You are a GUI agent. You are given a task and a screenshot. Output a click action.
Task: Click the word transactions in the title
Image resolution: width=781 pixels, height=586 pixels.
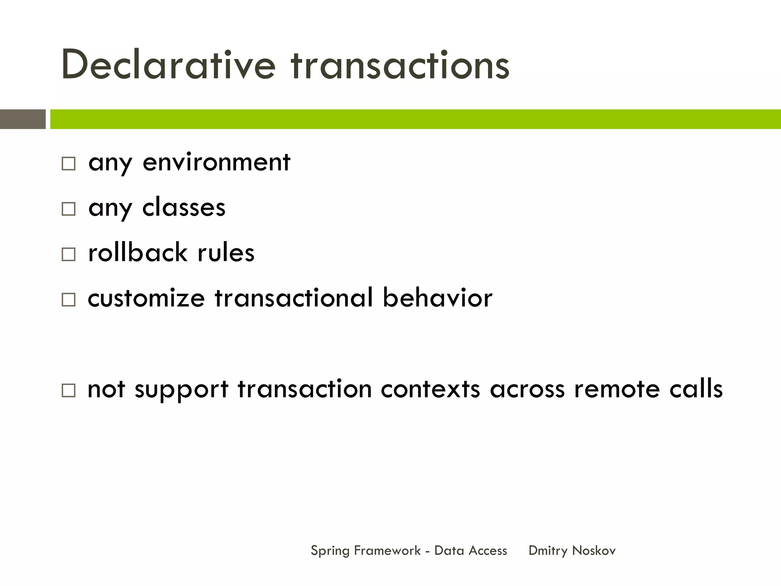click(x=400, y=66)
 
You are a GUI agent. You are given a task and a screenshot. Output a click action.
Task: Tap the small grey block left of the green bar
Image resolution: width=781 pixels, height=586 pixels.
click(x=22, y=119)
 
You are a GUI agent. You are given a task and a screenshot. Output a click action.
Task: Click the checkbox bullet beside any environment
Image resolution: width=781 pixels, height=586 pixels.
click(x=69, y=164)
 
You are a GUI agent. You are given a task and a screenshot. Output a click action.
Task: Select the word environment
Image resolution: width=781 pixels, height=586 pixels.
click(x=216, y=162)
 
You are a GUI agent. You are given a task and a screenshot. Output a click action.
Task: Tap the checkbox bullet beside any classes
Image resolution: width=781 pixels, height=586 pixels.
click(x=69, y=209)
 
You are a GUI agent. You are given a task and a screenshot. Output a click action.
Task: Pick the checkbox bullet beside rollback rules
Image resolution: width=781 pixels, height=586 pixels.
click(x=69, y=254)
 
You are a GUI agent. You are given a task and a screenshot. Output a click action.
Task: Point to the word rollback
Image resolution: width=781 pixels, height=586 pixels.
click(x=138, y=252)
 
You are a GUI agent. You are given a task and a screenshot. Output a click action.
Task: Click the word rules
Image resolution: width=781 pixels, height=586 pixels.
click(x=226, y=252)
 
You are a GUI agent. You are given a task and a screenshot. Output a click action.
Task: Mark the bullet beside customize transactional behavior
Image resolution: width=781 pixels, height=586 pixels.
click(x=69, y=299)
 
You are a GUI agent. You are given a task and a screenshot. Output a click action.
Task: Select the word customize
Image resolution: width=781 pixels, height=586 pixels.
click(x=146, y=298)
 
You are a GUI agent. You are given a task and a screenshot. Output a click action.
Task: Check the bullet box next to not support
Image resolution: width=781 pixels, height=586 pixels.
click(x=69, y=391)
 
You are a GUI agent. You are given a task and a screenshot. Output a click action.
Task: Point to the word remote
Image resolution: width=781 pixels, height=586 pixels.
click(x=617, y=389)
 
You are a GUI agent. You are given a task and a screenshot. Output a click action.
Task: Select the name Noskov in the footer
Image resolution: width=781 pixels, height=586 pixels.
click(x=594, y=551)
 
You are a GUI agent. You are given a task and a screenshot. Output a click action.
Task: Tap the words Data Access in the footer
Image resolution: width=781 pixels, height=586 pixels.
click(x=471, y=551)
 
